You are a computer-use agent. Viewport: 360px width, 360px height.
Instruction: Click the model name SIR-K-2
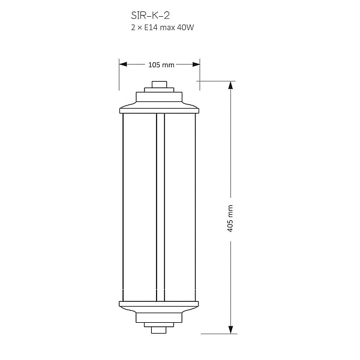tap(150, 16)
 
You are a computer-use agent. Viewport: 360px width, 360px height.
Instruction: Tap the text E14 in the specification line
tap(151, 28)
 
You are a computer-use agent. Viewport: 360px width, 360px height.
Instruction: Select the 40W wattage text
tap(185, 28)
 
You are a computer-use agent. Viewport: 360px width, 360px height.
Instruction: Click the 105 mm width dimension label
tap(161, 65)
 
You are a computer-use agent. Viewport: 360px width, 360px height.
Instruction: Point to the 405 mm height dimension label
tap(230, 218)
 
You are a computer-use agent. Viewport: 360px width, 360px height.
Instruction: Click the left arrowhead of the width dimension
tap(123, 64)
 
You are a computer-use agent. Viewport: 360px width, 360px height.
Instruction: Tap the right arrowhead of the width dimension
tap(196, 64)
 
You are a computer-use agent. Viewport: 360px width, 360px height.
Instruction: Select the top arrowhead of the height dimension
tap(231, 85)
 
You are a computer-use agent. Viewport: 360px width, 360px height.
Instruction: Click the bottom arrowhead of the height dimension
tap(231, 330)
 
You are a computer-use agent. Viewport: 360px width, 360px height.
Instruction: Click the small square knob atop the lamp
tap(159, 84)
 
